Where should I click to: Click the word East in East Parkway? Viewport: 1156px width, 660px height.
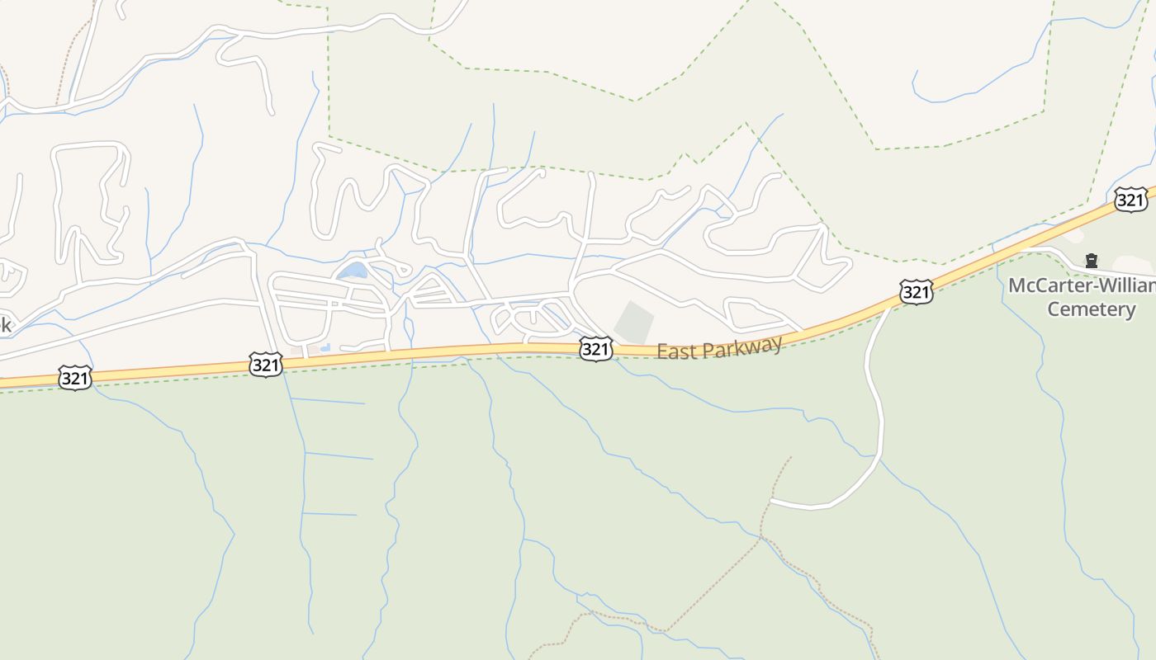[674, 351]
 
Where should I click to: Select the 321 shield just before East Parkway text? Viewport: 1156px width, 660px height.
[595, 348]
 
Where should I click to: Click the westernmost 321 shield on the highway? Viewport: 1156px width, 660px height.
[74, 379]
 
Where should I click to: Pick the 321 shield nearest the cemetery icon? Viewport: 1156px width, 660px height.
[1130, 199]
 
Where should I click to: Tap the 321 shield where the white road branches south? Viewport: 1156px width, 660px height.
[916, 292]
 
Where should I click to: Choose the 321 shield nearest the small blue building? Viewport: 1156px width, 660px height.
[265, 364]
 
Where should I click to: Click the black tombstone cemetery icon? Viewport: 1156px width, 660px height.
[1091, 262]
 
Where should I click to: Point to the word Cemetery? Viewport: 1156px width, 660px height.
[1091, 309]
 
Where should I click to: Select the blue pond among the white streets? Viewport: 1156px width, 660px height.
[353, 271]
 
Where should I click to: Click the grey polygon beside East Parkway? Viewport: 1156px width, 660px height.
[634, 323]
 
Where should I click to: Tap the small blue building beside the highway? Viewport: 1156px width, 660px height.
[325, 348]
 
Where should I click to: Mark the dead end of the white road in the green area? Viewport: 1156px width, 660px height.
[772, 501]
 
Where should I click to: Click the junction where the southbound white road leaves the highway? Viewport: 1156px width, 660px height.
[890, 306]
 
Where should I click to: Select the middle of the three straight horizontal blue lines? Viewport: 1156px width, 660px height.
[339, 456]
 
